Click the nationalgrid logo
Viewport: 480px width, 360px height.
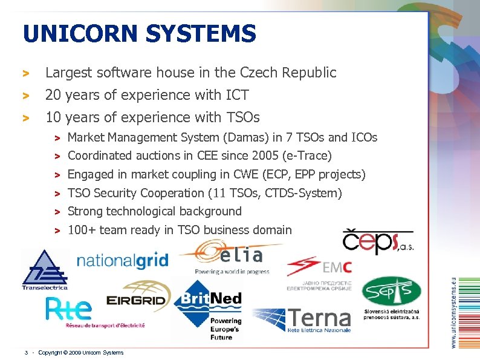click(122, 261)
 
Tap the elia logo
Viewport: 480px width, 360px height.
click(232, 257)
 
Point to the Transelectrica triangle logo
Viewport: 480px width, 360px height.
click(44, 269)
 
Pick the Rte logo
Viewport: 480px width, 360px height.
click(70, 310)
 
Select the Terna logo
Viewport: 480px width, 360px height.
click(302, 320)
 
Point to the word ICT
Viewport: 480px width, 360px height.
click(235, 95)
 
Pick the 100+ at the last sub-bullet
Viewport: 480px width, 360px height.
click(82, 230)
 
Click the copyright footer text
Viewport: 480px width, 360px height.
click(80, 352)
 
